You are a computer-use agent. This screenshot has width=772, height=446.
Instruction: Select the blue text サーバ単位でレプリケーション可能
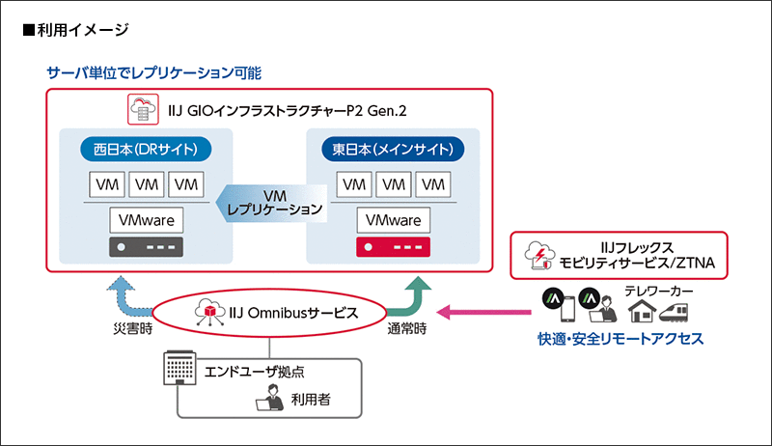(154, 72)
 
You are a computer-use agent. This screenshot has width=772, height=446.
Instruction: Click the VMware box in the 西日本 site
(146, 219)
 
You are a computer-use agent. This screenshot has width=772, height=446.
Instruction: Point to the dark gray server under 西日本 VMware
(146, 249)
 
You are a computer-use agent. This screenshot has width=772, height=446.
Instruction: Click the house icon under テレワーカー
(642, 309)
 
